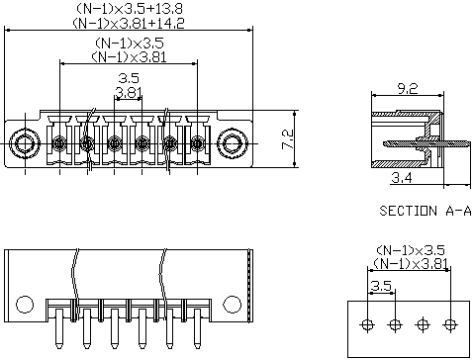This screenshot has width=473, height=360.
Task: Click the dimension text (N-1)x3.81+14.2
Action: pyautogui.click(x=129, y=23)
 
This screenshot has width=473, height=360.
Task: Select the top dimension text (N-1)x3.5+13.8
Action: pyautogui.click(x=130, y=9)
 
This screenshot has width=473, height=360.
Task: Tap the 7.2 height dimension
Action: pyautogui.click(x=287, y=139)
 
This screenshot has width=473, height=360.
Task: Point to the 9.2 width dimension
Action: pyautogui.click(x=408, y=88)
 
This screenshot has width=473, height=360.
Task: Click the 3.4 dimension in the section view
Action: pyautogui.click(x=402, y=178)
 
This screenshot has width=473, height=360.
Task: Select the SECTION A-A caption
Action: pyautogui.click(x=426, y=211)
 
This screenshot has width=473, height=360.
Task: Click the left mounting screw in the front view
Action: pyautogui.click(x=25, y=143)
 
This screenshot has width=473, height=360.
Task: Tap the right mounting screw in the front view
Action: pyautogui.click(x=233, y=143)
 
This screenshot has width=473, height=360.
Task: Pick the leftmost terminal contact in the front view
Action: pyautogui.click(x=59, y=143)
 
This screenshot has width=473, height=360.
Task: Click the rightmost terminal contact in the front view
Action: pyautogui.click(x=197, y=143)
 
